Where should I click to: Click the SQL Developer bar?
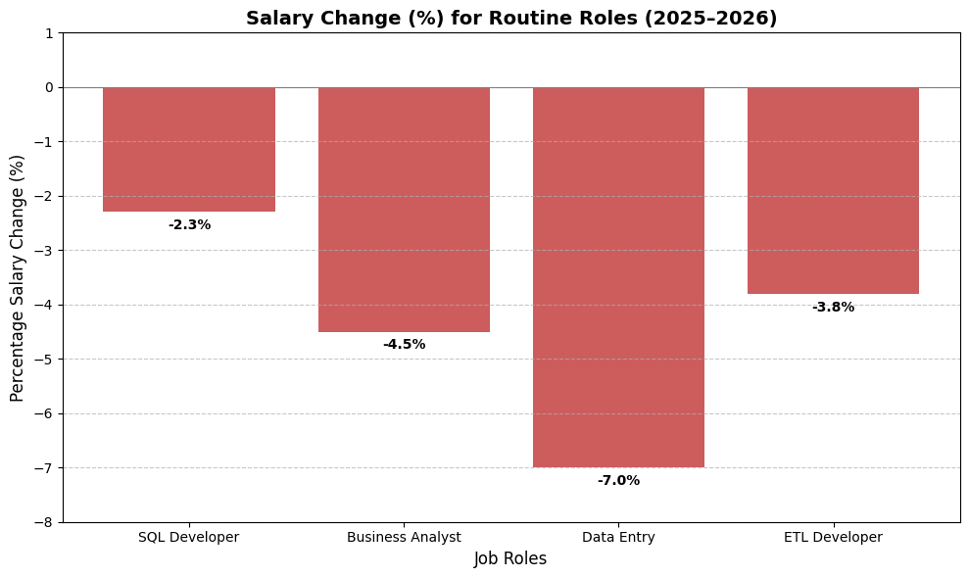(189, 149)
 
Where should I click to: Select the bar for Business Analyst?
(404, 209)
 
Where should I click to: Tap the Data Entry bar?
(618, 276)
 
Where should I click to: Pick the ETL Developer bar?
(833, 190)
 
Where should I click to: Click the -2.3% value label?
(189, 225)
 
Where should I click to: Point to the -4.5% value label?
(404, 345)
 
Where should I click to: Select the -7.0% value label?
(618, 481)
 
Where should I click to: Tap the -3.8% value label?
(833, 308)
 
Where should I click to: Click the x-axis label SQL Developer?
(189, 538)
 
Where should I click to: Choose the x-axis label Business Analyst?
(404, 538)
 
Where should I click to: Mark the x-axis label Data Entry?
(618, 538)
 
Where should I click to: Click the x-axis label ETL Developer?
(833, 538)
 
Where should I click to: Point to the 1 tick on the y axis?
(49, 33)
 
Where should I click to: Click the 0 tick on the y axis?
(49, 87)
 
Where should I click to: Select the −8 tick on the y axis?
(45, 522)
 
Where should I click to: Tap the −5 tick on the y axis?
(45, 360)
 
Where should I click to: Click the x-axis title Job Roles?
(510, 559)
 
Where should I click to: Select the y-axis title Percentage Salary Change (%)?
(18, 277)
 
